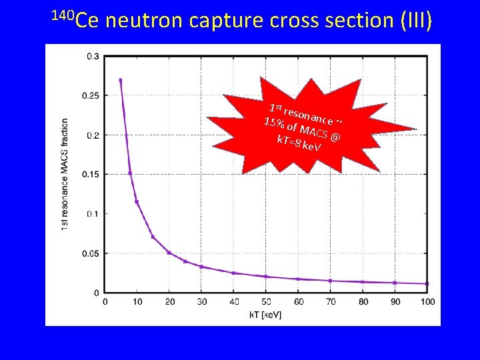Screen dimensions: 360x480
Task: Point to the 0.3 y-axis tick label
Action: [x=93, y=56]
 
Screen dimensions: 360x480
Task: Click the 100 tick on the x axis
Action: [x=427, y=302]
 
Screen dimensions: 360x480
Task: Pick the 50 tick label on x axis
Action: [x=266, y=302]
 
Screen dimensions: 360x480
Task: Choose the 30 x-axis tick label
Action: [x=201, y=302]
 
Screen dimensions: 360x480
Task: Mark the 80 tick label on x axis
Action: [x=363, y=302]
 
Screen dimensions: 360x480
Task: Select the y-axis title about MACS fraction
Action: [x=65, y=175]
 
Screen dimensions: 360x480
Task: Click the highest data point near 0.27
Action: [x=121, y=81]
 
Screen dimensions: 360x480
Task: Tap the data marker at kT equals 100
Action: [x=427, y=283]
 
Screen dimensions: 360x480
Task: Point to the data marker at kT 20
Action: [x=169, y=253]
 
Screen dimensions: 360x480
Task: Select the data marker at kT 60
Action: [x=298, y=279]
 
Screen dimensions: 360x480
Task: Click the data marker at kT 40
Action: [x=233, y=273]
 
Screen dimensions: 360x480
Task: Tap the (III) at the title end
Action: [x=416, y=21]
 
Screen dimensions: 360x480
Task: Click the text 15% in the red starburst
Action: [x=275, y=122]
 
